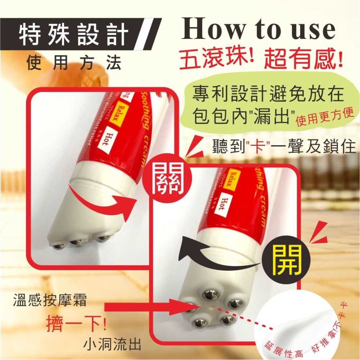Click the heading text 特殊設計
73,35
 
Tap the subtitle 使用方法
74,63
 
